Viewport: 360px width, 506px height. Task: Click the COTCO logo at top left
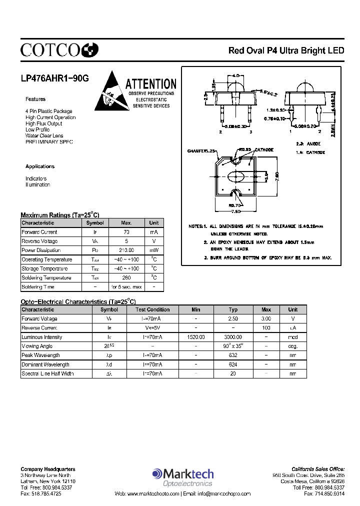pos(59,49)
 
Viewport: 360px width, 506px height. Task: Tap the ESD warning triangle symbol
pos(107,91)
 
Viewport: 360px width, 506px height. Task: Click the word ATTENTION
pos(150,84)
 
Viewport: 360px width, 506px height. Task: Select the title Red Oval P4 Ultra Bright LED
pos(286,50)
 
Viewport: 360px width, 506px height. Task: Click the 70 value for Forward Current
pos(126,232)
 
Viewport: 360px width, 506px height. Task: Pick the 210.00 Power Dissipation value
pos(126,250)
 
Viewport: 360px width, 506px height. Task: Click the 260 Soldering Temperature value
pos(126,278)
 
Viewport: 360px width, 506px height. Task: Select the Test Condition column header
pos(152,309)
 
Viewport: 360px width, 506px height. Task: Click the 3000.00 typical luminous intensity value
pos(233,337)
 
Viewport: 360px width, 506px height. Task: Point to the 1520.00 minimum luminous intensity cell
pos(196,337)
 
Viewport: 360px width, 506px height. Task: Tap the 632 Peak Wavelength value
pos(233,355)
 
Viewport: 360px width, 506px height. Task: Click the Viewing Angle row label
pos(37,346)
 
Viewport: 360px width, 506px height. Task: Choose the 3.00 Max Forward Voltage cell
pos(266,318)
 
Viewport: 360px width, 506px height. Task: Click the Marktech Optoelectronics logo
pos(183,476)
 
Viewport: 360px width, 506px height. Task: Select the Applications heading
pos(40,166)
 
